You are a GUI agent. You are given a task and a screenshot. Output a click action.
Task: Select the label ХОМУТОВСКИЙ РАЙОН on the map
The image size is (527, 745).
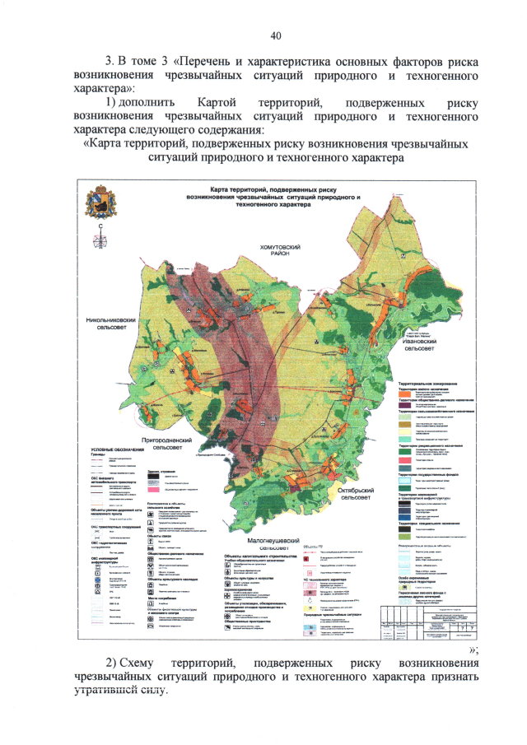[284, 252]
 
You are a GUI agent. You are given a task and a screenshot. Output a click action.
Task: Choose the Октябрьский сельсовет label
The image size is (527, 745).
[362, 494]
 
